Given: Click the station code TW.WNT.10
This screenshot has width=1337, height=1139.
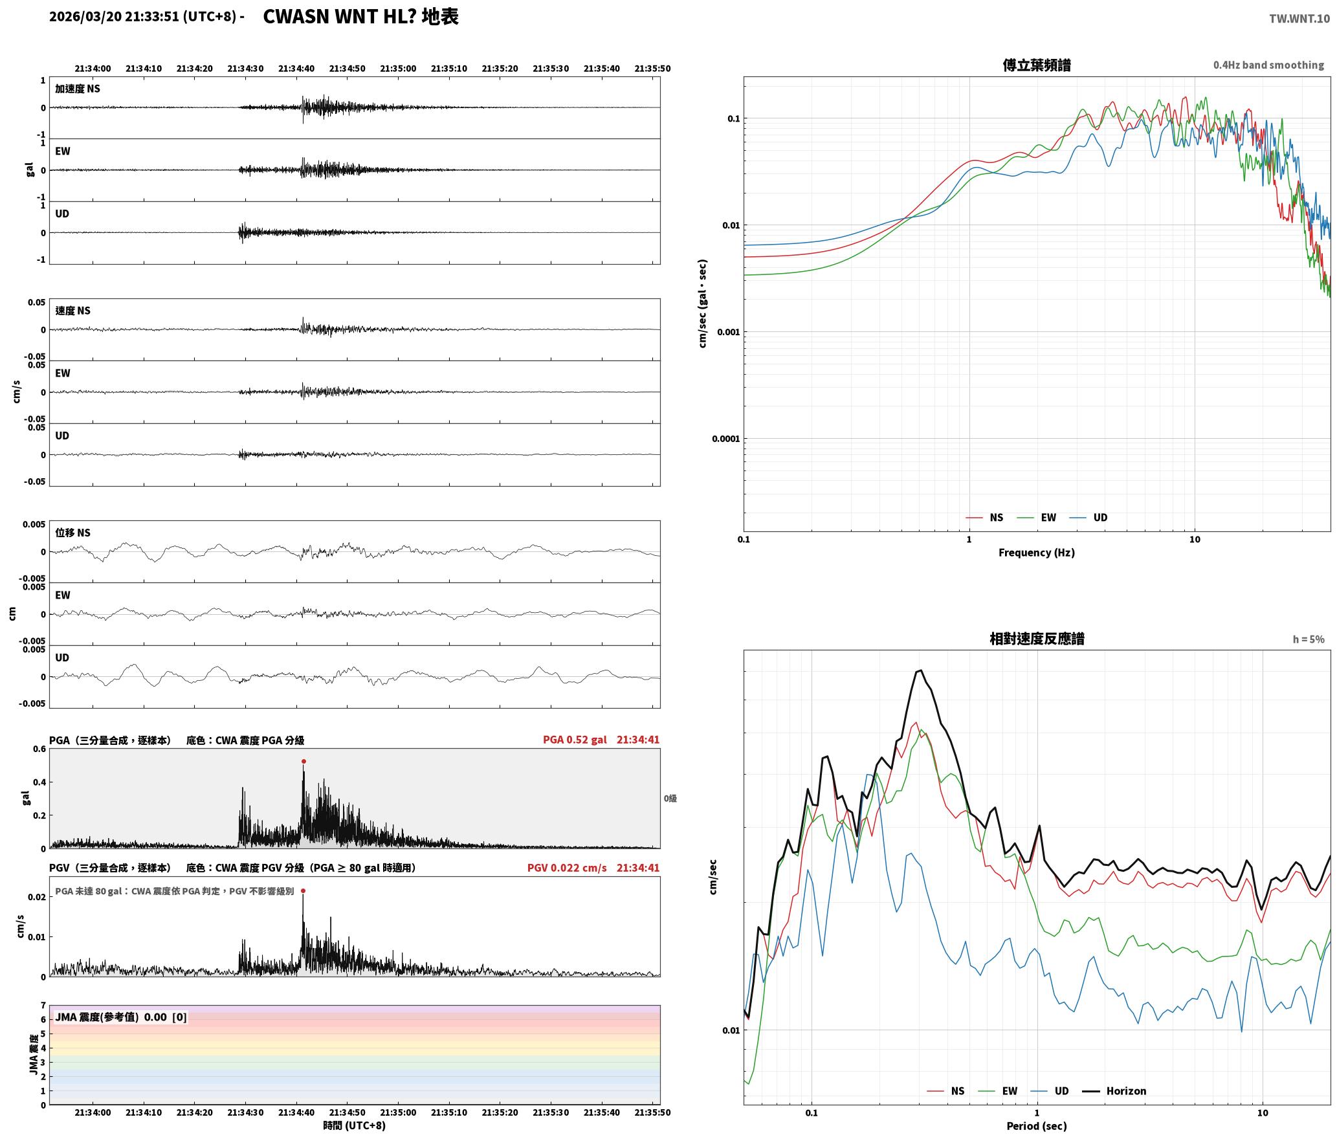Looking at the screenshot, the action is click(x=1299, y=19).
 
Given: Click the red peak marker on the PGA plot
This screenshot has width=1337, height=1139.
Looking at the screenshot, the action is click(x=304, y=761).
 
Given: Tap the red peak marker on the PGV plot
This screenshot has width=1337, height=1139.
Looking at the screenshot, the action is click(x=303, y=890).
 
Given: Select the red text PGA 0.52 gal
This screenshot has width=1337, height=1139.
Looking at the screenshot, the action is click(x=575, y=740).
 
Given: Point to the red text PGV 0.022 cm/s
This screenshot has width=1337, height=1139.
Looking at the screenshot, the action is click(x=567, y=868).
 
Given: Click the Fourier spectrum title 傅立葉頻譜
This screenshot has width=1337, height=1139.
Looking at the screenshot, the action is click(x=1037, y=65).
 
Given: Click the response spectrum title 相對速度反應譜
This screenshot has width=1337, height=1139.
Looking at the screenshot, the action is click(x=1037, y=639).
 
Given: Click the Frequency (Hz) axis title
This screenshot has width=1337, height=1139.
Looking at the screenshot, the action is click(x=1037, y=552).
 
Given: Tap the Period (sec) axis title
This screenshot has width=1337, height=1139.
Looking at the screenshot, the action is click(x=1037, y=1125).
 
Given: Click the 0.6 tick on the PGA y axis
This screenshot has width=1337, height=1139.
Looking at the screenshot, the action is click(x=39, y=749).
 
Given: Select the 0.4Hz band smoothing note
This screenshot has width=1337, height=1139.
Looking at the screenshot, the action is click(x=1268, y=65).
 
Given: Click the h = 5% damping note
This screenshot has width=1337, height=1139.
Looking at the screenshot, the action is click(x=1309, y=639).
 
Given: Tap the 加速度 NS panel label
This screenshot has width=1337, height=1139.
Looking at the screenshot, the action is click(x=78, y=89).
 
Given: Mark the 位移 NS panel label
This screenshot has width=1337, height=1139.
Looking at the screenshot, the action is click(x=73, y=533).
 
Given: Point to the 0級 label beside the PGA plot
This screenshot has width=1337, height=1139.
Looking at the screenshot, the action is click(x=670, y=799).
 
